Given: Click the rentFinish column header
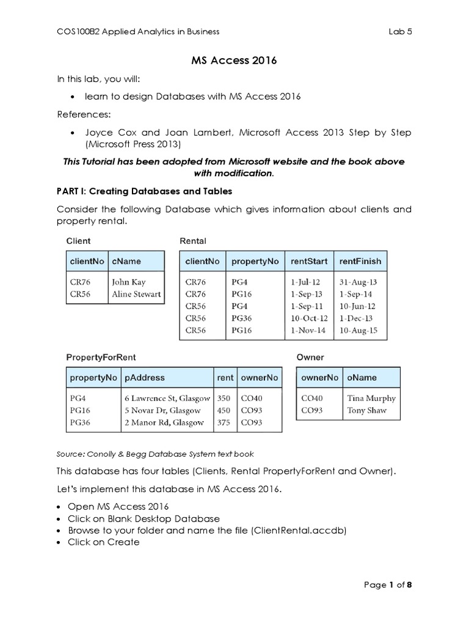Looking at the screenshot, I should tap(360, 261).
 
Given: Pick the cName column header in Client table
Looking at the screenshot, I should tap(126, 261).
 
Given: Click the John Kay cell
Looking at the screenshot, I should tap(128, 282).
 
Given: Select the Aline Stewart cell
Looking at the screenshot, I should tap(136, 294).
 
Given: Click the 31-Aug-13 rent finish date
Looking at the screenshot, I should tap(358, 282).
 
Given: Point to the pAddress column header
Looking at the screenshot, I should tap(145, 378).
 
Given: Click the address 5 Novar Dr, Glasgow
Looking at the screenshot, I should tap(162, 410).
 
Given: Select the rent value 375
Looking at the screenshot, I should tap(224, 422).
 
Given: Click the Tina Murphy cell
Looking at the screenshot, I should tap(371, 398).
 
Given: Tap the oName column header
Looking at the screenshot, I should tap(362, 378).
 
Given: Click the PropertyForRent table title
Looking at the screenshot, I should tap(101, 357).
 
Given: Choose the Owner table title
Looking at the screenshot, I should tap(310, 357).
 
